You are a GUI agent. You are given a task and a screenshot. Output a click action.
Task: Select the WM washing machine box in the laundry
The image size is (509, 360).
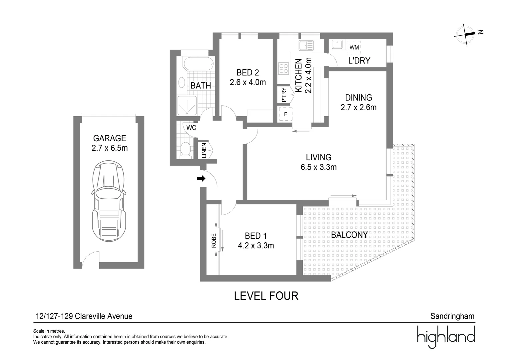(354, 47)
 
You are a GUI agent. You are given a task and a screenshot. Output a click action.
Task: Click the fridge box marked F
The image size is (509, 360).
(285, 114)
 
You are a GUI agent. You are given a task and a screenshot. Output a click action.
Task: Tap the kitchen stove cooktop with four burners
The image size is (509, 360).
(283, 69)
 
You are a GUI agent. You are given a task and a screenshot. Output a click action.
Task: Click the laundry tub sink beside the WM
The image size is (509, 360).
(337, 44)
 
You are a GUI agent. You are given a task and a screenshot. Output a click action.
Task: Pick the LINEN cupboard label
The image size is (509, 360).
(204, 151)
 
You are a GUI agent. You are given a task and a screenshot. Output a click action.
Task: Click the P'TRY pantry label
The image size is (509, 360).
(284, 95)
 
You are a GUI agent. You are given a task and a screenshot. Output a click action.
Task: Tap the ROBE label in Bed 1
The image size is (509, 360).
(214, 240)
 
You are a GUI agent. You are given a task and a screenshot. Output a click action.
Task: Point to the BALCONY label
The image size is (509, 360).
(349, 235)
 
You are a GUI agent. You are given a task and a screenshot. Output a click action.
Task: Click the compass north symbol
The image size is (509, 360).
(468, 33)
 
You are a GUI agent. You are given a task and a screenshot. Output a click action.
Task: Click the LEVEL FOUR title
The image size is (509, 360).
(266, 296)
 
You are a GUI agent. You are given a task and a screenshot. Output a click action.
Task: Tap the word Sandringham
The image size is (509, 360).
(452, 316)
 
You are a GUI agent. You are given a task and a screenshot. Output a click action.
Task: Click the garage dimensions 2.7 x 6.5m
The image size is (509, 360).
(110, 148)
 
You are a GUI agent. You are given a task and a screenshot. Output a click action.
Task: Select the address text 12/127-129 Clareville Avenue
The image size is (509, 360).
(84, 316)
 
